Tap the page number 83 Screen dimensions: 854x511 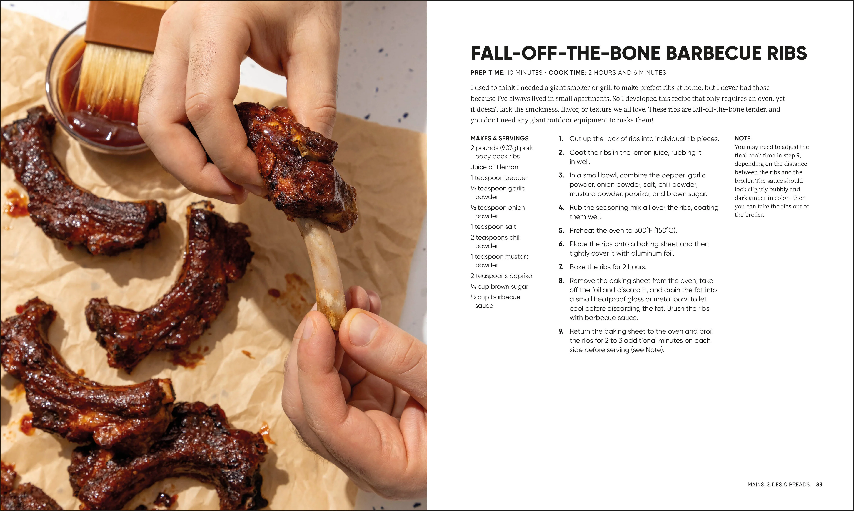tap(819, 485)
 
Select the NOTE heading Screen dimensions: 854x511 tap(743, 138)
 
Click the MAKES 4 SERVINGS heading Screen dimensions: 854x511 tap(499, 138)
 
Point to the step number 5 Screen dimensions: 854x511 tap(561, 230)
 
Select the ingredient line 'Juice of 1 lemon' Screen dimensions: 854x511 tap(494, 167)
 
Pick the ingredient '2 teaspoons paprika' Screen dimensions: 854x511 tap(501, 276)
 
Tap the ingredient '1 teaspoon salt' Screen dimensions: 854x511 tap(493, 227)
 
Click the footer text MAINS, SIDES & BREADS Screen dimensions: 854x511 tap(779, 485)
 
